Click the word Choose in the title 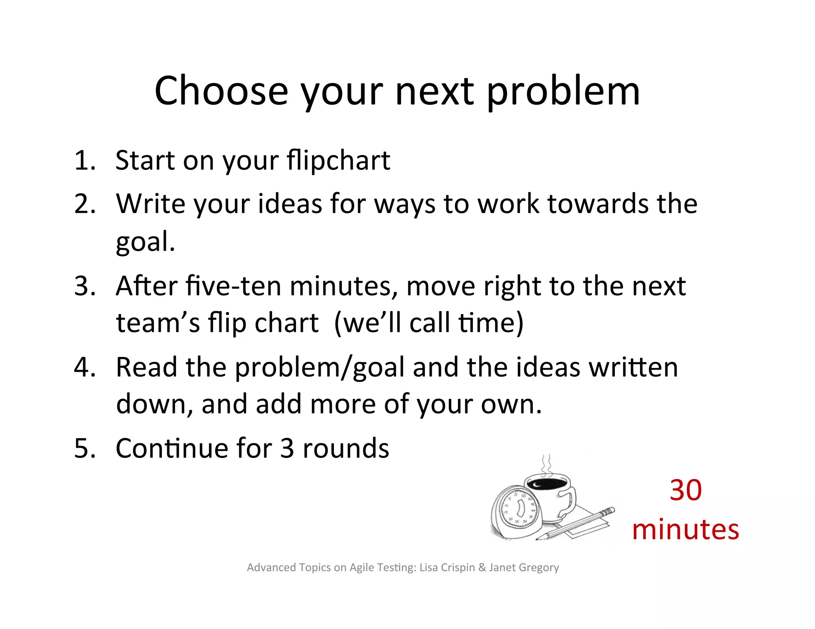221,91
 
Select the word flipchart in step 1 338,161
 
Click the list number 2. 85,204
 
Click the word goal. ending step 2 145,243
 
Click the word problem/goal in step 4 320,368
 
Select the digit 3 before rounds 287,448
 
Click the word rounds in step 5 346,448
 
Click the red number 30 685,490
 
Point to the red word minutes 685,530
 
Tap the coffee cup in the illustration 551,495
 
